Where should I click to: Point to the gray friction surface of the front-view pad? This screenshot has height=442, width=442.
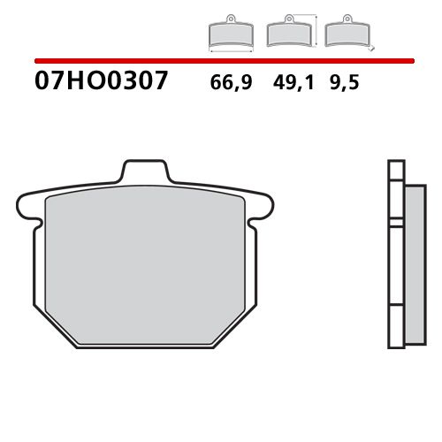point(149,265)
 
